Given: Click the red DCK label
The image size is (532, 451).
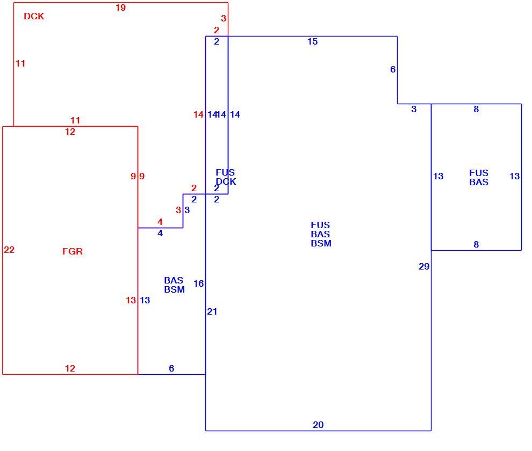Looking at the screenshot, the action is pos(34,16).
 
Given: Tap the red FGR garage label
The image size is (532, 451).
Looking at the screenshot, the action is pos(72,251).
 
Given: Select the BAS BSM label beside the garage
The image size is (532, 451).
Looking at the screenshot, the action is pos(175,285).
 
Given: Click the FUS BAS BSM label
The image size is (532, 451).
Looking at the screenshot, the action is pos(321,234).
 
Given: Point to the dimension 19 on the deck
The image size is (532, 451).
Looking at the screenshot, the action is pos(120,8).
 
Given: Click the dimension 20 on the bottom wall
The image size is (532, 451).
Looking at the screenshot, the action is pos(318,425).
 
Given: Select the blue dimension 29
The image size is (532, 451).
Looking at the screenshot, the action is pos(424,266).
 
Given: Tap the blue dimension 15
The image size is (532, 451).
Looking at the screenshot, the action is pos(312,41).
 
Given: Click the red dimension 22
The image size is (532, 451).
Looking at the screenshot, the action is pos(9,250).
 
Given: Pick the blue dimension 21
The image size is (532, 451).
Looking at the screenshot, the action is pos(212,311).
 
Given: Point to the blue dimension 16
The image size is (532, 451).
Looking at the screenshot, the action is pos(198,283).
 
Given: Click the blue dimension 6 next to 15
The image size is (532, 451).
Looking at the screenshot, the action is pos(393,69).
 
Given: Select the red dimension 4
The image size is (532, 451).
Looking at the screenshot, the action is pos(160,222).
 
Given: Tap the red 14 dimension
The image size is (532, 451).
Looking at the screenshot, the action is pos(198,114).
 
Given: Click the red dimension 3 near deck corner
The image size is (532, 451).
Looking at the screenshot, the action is pos(223,18).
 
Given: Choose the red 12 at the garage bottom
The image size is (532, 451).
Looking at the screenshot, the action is pos(70,368).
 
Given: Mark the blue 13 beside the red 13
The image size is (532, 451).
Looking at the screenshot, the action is pos(145,300).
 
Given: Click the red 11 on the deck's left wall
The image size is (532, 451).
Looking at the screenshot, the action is pos(20,63).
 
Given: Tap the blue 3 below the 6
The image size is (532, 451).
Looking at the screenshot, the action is pos(414,109).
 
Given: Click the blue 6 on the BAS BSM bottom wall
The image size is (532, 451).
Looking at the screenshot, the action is pos(171,368).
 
